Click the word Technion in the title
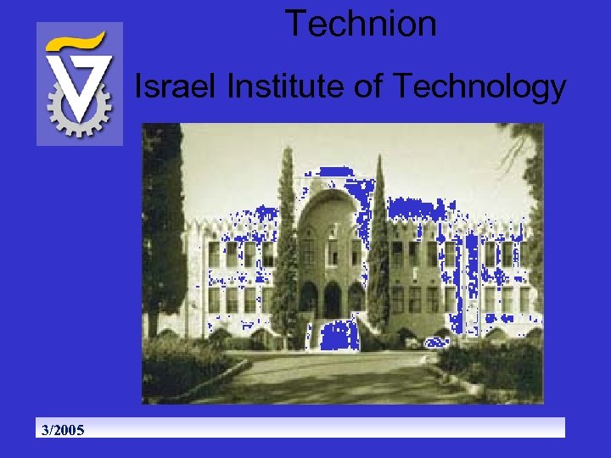click(361, 24)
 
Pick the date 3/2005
click(63, 430)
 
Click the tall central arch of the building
click(331, 246)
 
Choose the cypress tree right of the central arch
click(378, 246)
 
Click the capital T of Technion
click(294, 24)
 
